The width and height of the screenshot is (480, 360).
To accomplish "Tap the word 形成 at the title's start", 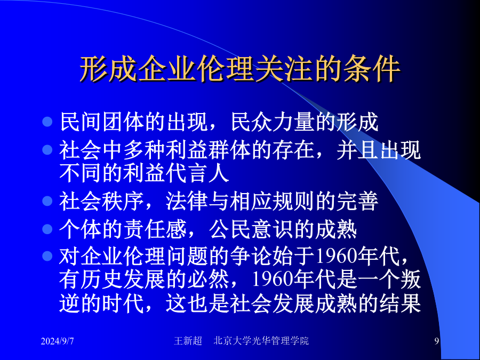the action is tap(108, 69).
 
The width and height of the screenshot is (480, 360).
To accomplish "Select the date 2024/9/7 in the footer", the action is tap(57, 341).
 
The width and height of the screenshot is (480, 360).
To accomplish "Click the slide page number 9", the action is tap(437, 341).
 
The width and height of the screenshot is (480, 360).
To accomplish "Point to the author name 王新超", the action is tap(188, 341).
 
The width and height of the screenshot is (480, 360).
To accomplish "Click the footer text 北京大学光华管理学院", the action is tap(261, 341).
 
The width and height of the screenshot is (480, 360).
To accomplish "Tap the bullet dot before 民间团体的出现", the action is tap(47, 122).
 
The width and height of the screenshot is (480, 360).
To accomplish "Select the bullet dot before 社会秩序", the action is tap(47, 201).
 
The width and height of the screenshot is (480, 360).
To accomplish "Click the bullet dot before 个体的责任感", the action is tap(47, 229).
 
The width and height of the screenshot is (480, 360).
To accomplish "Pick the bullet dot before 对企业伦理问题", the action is tap(47, 256).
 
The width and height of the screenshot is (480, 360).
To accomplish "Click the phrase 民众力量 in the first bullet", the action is tap(273, 122).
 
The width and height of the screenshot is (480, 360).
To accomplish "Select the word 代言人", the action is tap(197, 173).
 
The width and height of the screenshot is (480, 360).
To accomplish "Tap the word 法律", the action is tap(187, 202).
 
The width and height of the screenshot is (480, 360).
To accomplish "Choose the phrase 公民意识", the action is tap(251, 229).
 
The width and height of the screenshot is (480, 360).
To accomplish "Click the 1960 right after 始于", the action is tap(335, 256).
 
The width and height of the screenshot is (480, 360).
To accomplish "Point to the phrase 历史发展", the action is tap(123, 279).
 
